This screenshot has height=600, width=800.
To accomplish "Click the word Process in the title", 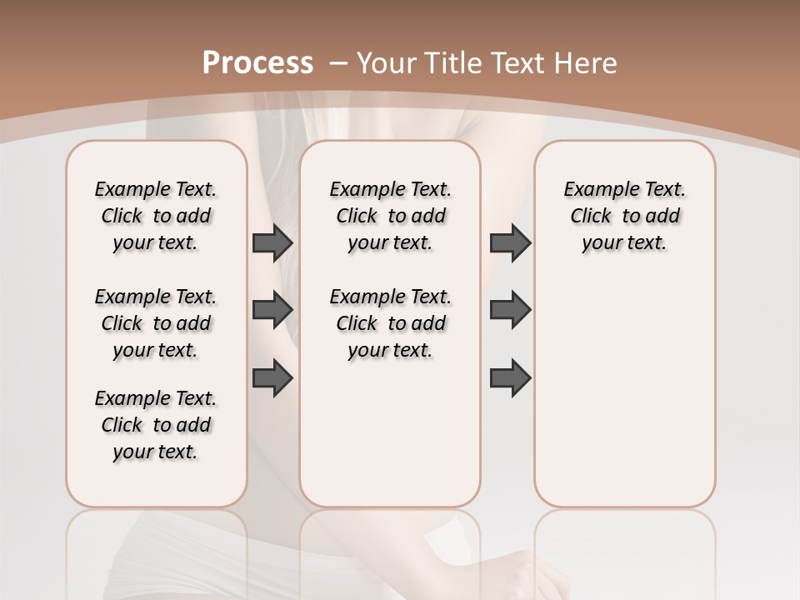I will click(x=257, y=63).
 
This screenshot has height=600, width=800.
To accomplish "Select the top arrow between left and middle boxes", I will click(x=272, y=243).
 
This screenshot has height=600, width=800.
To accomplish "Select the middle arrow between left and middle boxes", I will click(x=272, y=310).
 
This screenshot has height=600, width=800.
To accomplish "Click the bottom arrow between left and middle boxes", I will click(x=272, y=377).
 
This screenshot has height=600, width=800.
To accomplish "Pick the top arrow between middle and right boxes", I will click(x=510, y=243).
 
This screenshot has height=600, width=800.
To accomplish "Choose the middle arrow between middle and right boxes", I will click(x=510, y=310).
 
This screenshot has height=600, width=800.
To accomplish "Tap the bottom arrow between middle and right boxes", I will click(x=510, y=377).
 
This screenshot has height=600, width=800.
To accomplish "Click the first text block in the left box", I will click(x=156, y=216).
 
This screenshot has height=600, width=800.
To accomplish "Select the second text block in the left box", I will click(x=156, y=323).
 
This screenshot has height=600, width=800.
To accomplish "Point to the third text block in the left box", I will click(x=156, y=425).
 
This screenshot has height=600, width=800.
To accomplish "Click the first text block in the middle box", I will click(x=391, y=216).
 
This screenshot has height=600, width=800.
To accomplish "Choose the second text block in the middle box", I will click(x=391, y=323).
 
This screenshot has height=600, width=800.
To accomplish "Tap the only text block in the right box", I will click(x=625, y=216).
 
